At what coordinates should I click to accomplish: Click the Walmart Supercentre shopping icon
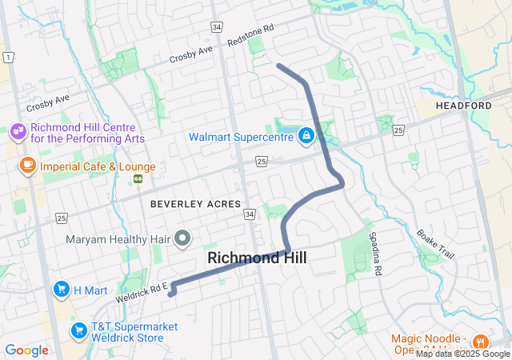click(x=306, y=136)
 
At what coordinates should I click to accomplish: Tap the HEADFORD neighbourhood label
click(x=464, y=106)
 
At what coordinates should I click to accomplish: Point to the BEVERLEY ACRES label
click(x=195, y=204)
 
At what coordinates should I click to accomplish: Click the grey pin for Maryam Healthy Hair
click(x=182, y=238)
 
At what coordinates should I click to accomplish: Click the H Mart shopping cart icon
click(x=61, y=289)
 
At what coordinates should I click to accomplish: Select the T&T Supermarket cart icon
click(x=78, y=330)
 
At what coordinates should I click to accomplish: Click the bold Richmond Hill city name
click(x=257, y=258)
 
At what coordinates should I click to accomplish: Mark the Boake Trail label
click(x=435, y=244)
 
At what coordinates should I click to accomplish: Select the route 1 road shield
click(x=8, y=57)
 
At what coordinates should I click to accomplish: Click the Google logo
click(x=27, y=350)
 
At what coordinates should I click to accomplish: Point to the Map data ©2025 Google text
click(x=462, y=354)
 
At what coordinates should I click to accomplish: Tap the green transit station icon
click(x=138, y=178)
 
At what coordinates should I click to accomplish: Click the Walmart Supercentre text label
click(x=241, y=137)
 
